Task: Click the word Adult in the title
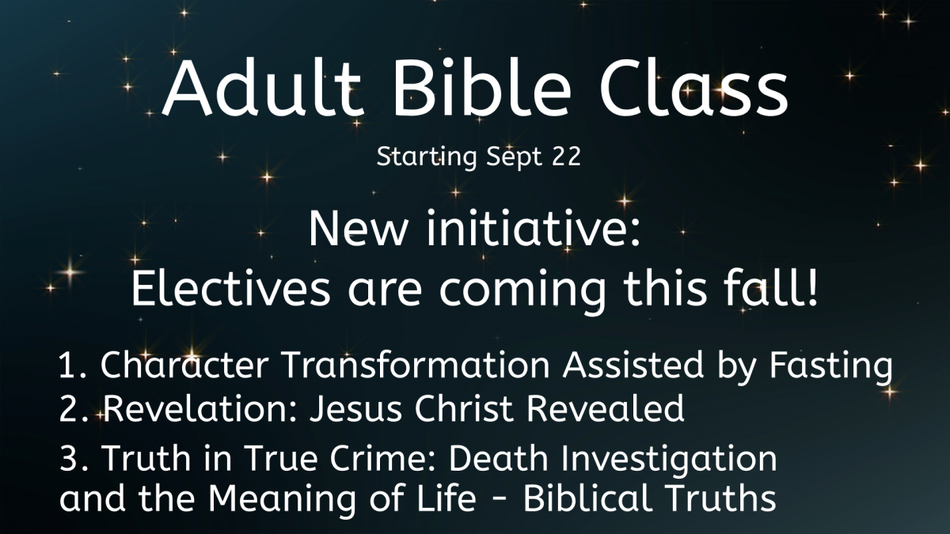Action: [263, 87]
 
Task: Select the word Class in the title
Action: [693, 87]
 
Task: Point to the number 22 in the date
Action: [566, 156]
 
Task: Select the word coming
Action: [522, 292]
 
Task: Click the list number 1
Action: [69, 365]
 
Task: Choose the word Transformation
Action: [416, 365]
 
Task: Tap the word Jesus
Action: [355, 408]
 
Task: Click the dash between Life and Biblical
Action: [500, 501]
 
